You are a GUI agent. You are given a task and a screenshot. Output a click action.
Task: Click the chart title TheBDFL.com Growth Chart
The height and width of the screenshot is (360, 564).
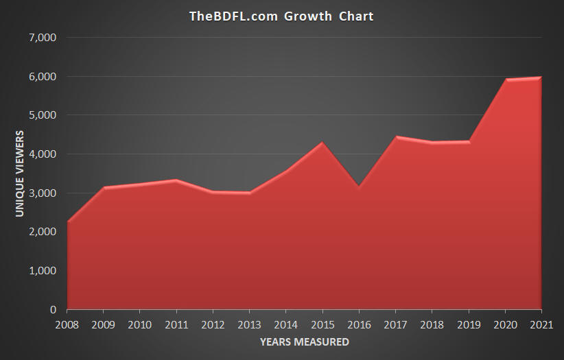click(281, 16)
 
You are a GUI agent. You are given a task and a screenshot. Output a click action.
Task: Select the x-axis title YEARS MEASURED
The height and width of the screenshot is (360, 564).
click(304, 341)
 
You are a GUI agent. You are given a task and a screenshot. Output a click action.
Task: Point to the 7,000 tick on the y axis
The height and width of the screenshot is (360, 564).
click(43, 37)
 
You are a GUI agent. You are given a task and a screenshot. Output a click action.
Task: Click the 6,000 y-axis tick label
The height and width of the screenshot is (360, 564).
click(43, 76)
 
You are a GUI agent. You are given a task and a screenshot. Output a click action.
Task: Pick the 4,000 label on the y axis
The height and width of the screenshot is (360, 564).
click(43, 154)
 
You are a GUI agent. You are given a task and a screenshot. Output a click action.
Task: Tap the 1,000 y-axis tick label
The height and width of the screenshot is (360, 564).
click(43, 271)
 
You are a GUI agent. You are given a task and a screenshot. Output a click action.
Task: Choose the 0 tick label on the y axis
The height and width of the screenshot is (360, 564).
click(53, 310)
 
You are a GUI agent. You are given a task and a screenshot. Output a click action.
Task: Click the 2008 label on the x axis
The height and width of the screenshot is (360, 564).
click(67, 324)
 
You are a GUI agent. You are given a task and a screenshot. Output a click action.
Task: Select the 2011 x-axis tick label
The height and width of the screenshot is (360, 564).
click(176, 324)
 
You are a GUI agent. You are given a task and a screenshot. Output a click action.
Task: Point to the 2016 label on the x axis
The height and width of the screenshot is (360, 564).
click(359, 324)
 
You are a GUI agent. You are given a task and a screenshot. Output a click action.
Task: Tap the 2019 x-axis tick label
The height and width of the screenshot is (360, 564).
click(469, 324)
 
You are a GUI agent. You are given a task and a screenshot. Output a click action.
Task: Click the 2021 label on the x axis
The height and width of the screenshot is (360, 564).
click(541, 324)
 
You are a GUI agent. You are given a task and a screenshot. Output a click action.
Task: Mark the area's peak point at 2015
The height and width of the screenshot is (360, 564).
click(322, 143)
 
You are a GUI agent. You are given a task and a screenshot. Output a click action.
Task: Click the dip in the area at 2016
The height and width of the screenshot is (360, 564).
click(359, 187)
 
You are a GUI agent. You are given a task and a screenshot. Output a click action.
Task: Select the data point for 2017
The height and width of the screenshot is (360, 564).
click(396, 137)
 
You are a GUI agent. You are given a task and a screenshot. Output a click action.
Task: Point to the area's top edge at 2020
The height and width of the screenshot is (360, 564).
click(506, 80)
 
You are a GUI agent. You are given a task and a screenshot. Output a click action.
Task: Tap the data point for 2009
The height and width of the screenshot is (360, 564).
click(104, 188)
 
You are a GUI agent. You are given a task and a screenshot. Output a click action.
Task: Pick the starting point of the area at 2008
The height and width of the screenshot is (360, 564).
click(67, 222)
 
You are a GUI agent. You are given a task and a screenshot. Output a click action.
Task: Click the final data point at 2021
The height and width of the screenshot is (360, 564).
click(541, 77)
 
